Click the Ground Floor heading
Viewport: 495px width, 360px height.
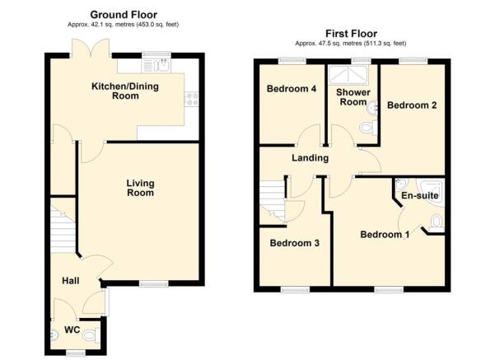pyautogui.click(x=124, y=14)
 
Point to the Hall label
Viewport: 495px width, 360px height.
pyautogui.click(x=70, y=281)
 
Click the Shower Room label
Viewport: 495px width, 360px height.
pyautogui.click(x=351, y=96)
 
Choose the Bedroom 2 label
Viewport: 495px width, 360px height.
pyautogui.click(x=412, y=105)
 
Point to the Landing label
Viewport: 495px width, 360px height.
pyautogui.click(x=310, y=158)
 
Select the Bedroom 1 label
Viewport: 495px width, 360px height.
pyautogui.click(x=385, y=235)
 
